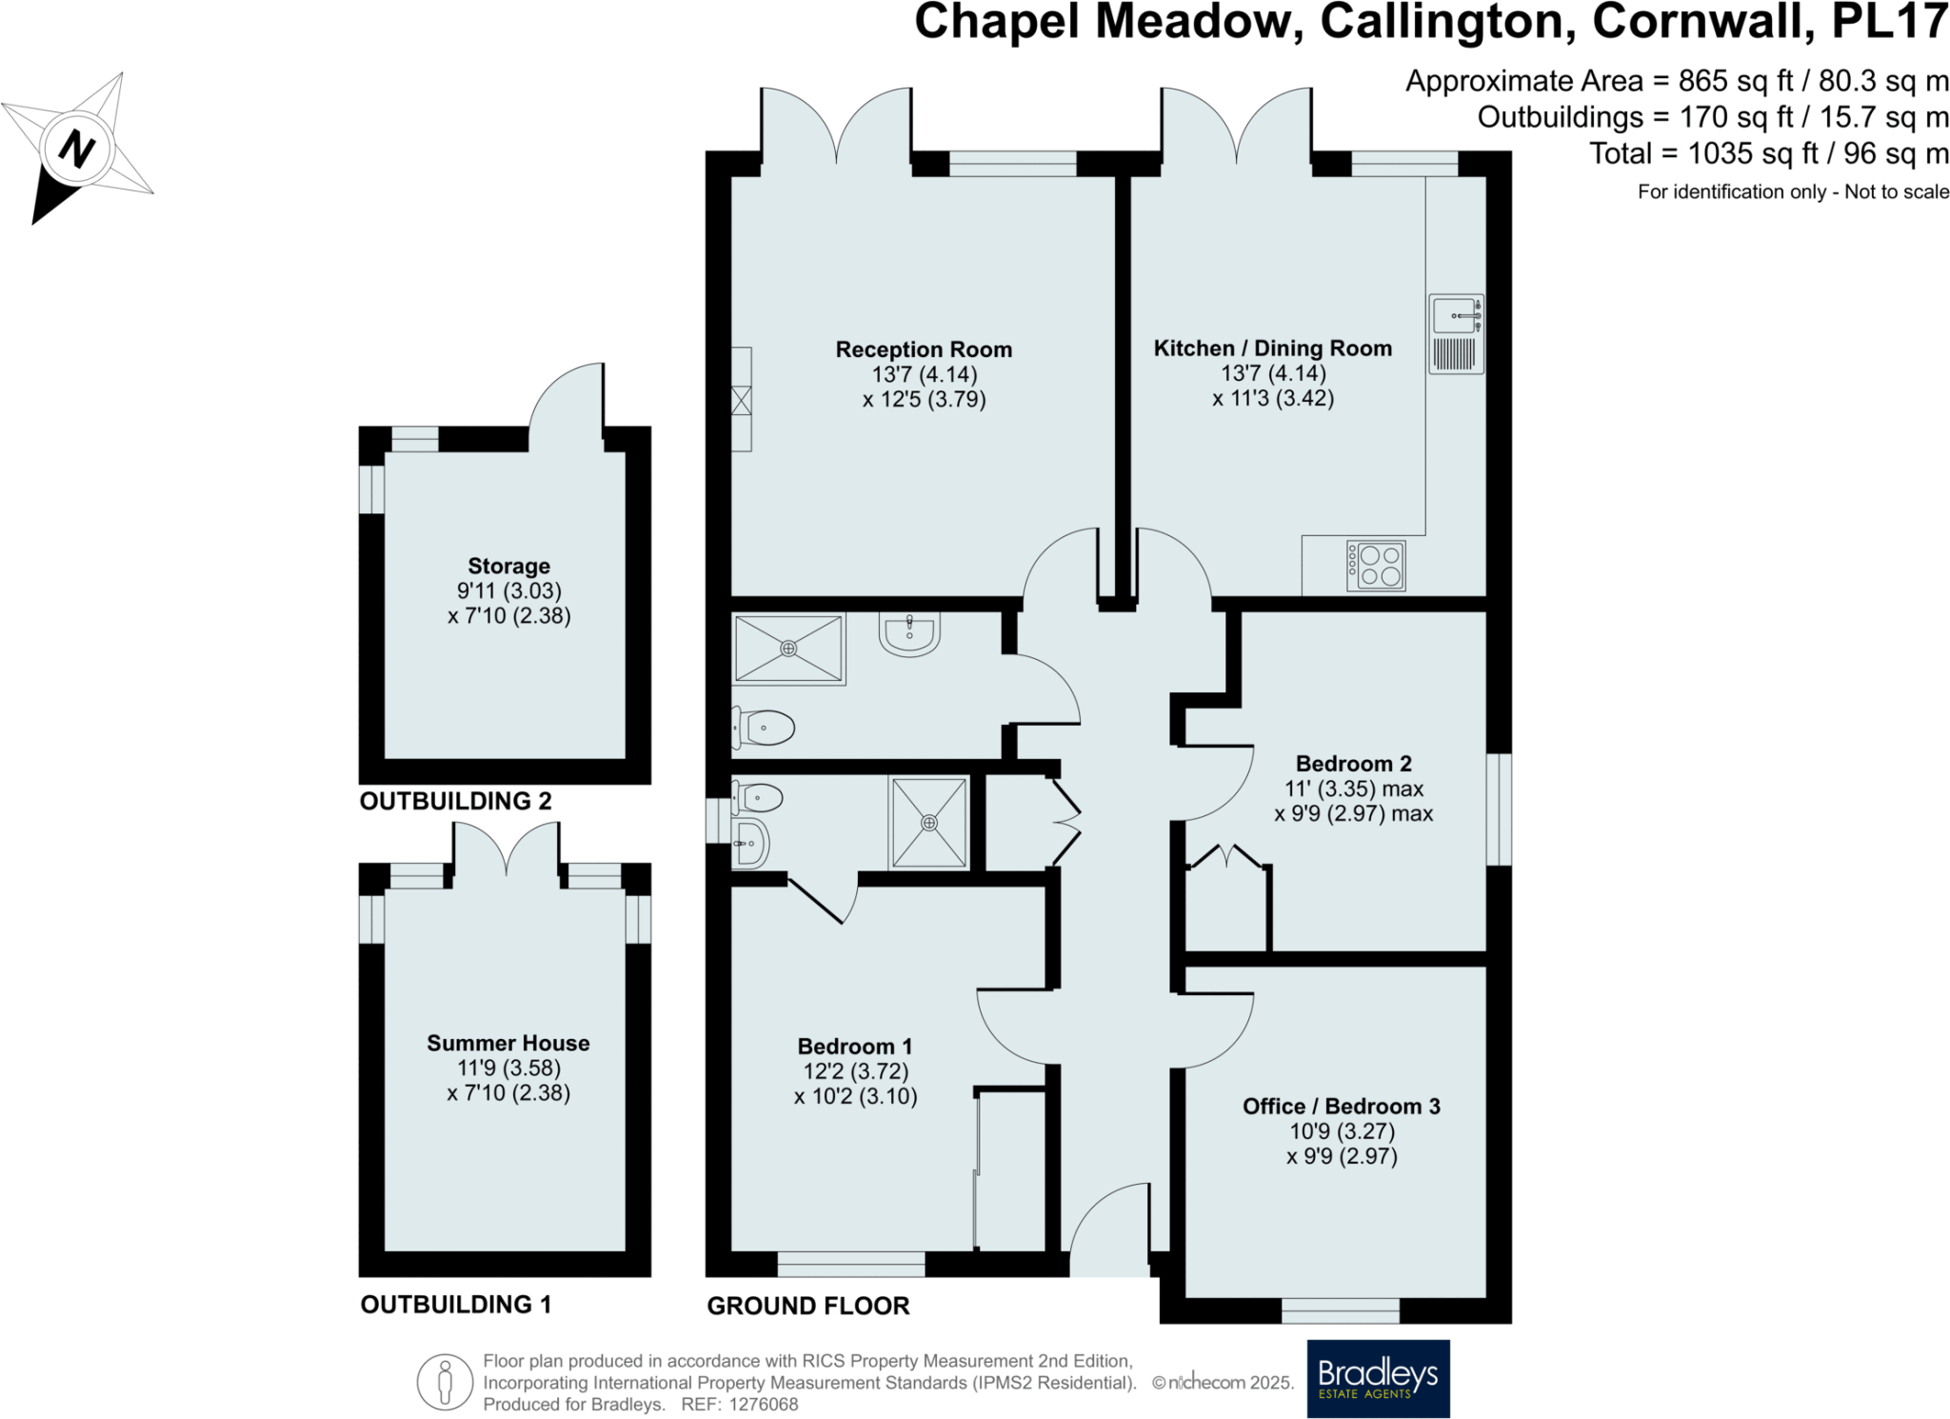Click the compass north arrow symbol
(77, 150)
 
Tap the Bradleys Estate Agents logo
(1378, 1378)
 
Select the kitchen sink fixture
(1456, 333)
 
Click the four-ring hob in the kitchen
(1376, 565)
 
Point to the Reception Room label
(924, 350)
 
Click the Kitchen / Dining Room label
(1272, 349)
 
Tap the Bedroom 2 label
(1353, 764)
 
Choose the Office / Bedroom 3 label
(1341, 1107)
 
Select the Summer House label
(507, 1044)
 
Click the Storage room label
(508, 567)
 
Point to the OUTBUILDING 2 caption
(455, 802)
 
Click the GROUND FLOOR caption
(807, 1307)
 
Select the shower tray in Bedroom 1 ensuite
(928, 823)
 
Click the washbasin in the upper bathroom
(909, 633)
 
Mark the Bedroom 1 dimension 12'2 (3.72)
(855, 1071)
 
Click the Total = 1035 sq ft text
(1768, 153)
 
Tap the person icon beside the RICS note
(445, 1382)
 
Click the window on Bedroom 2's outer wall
(1499, 809)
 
